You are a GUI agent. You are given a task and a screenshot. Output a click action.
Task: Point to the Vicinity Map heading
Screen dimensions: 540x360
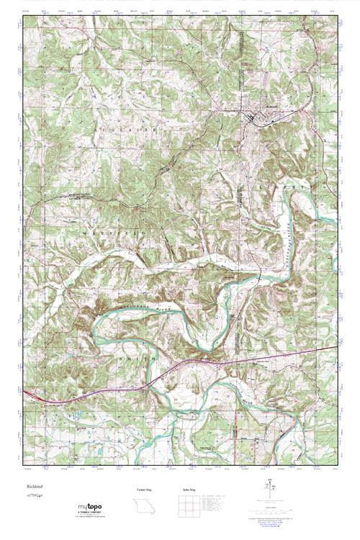pyautogui.click(x=144, y=490)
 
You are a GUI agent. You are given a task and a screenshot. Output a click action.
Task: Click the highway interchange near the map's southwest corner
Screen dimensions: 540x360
pyautogui.click(x=32, y=394)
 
